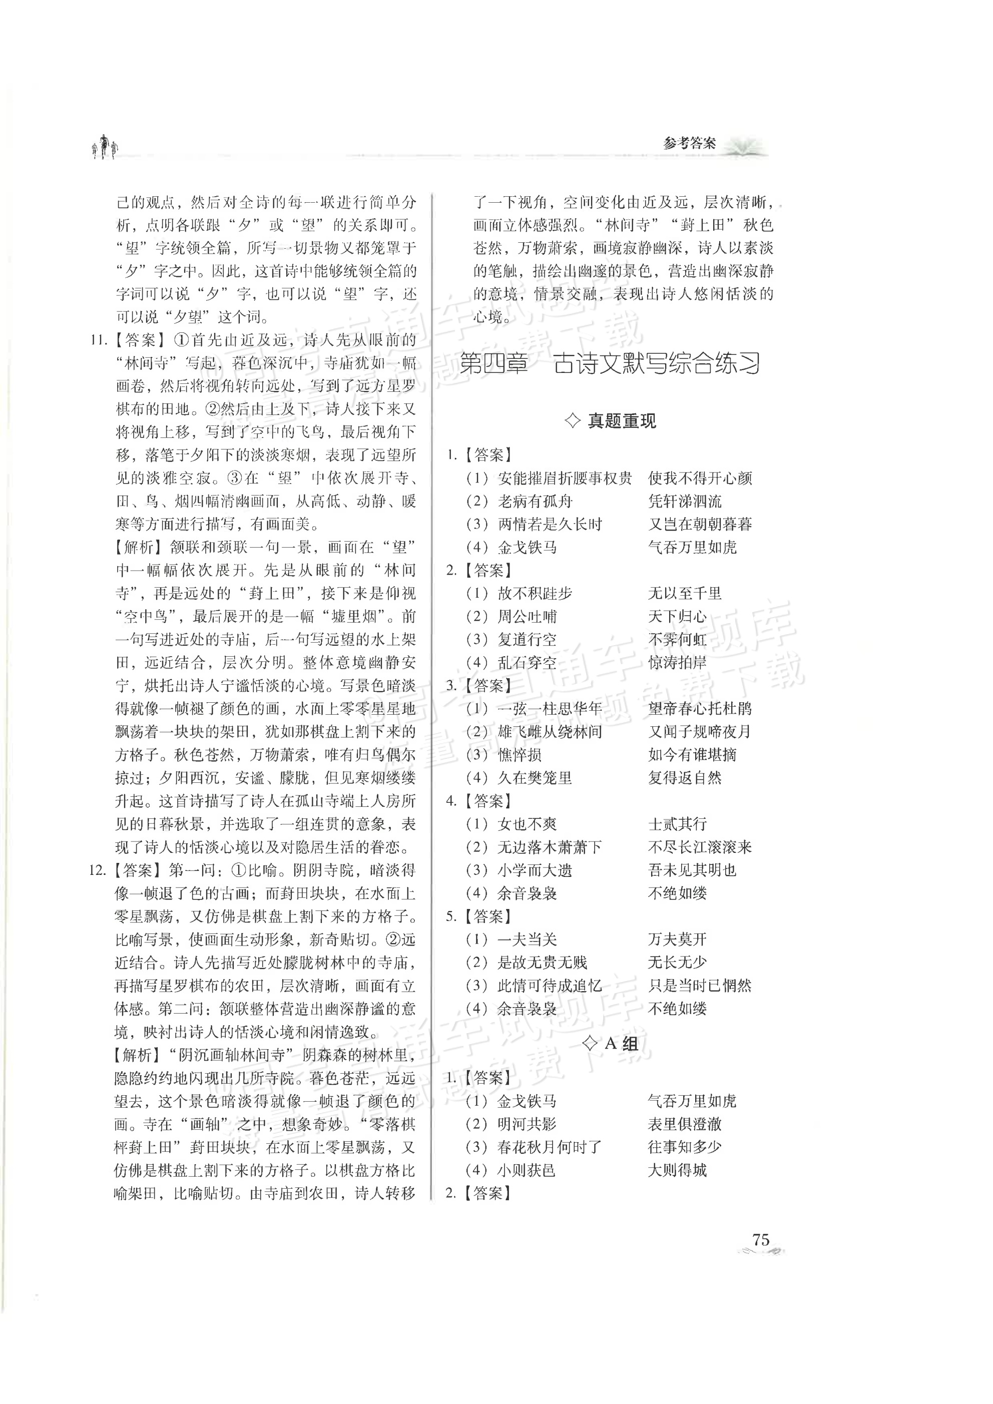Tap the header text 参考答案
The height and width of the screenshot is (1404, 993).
point(689,144)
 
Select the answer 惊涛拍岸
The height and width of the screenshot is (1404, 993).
point(678,662)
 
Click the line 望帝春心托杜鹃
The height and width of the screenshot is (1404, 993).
point(700,709)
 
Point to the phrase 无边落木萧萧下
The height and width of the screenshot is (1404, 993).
point(550,847)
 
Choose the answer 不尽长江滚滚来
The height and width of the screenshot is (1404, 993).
point(700,847)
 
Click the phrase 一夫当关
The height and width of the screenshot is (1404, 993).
point(527,940)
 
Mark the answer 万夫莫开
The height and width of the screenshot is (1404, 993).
point(678,940)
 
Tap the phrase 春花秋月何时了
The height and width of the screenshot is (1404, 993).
point(550,1147)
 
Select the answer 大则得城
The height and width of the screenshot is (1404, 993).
point(678,1170)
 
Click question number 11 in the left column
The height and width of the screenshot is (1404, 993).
point(99,340)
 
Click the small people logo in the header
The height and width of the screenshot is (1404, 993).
point(105,147)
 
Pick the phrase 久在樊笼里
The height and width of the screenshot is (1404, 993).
point(535,778)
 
